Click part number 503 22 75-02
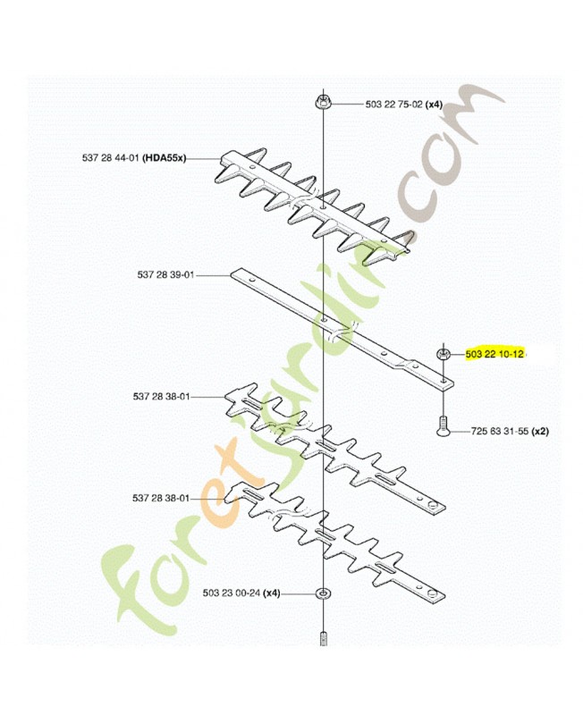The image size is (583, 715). tap(394, 105)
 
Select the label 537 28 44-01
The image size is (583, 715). tap(111, 158)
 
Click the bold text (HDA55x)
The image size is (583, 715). tap(165, 158)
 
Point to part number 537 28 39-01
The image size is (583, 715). tap(165, 275)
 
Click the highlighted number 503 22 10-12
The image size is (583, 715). tap(494, 353)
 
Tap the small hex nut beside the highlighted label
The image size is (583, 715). tap(443, 353)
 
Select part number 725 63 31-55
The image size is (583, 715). tap(500, 431)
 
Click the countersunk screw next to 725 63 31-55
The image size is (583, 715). tap(442, 426)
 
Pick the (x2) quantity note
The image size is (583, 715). tap(540, 431)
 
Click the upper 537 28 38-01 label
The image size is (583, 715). tap(162, 397)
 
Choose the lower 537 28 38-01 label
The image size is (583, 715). tap(161, 499)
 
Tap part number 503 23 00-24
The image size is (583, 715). tap(232, 593)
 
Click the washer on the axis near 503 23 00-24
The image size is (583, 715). tap(323, 593)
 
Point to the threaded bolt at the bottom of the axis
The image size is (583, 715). tap(323, 638)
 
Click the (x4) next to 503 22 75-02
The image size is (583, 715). tap(434, 105)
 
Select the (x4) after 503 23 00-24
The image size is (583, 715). tap(272, 593)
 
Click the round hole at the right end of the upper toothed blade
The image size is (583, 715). tap(432, 504)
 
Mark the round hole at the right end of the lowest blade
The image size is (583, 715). tap(432, 593)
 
